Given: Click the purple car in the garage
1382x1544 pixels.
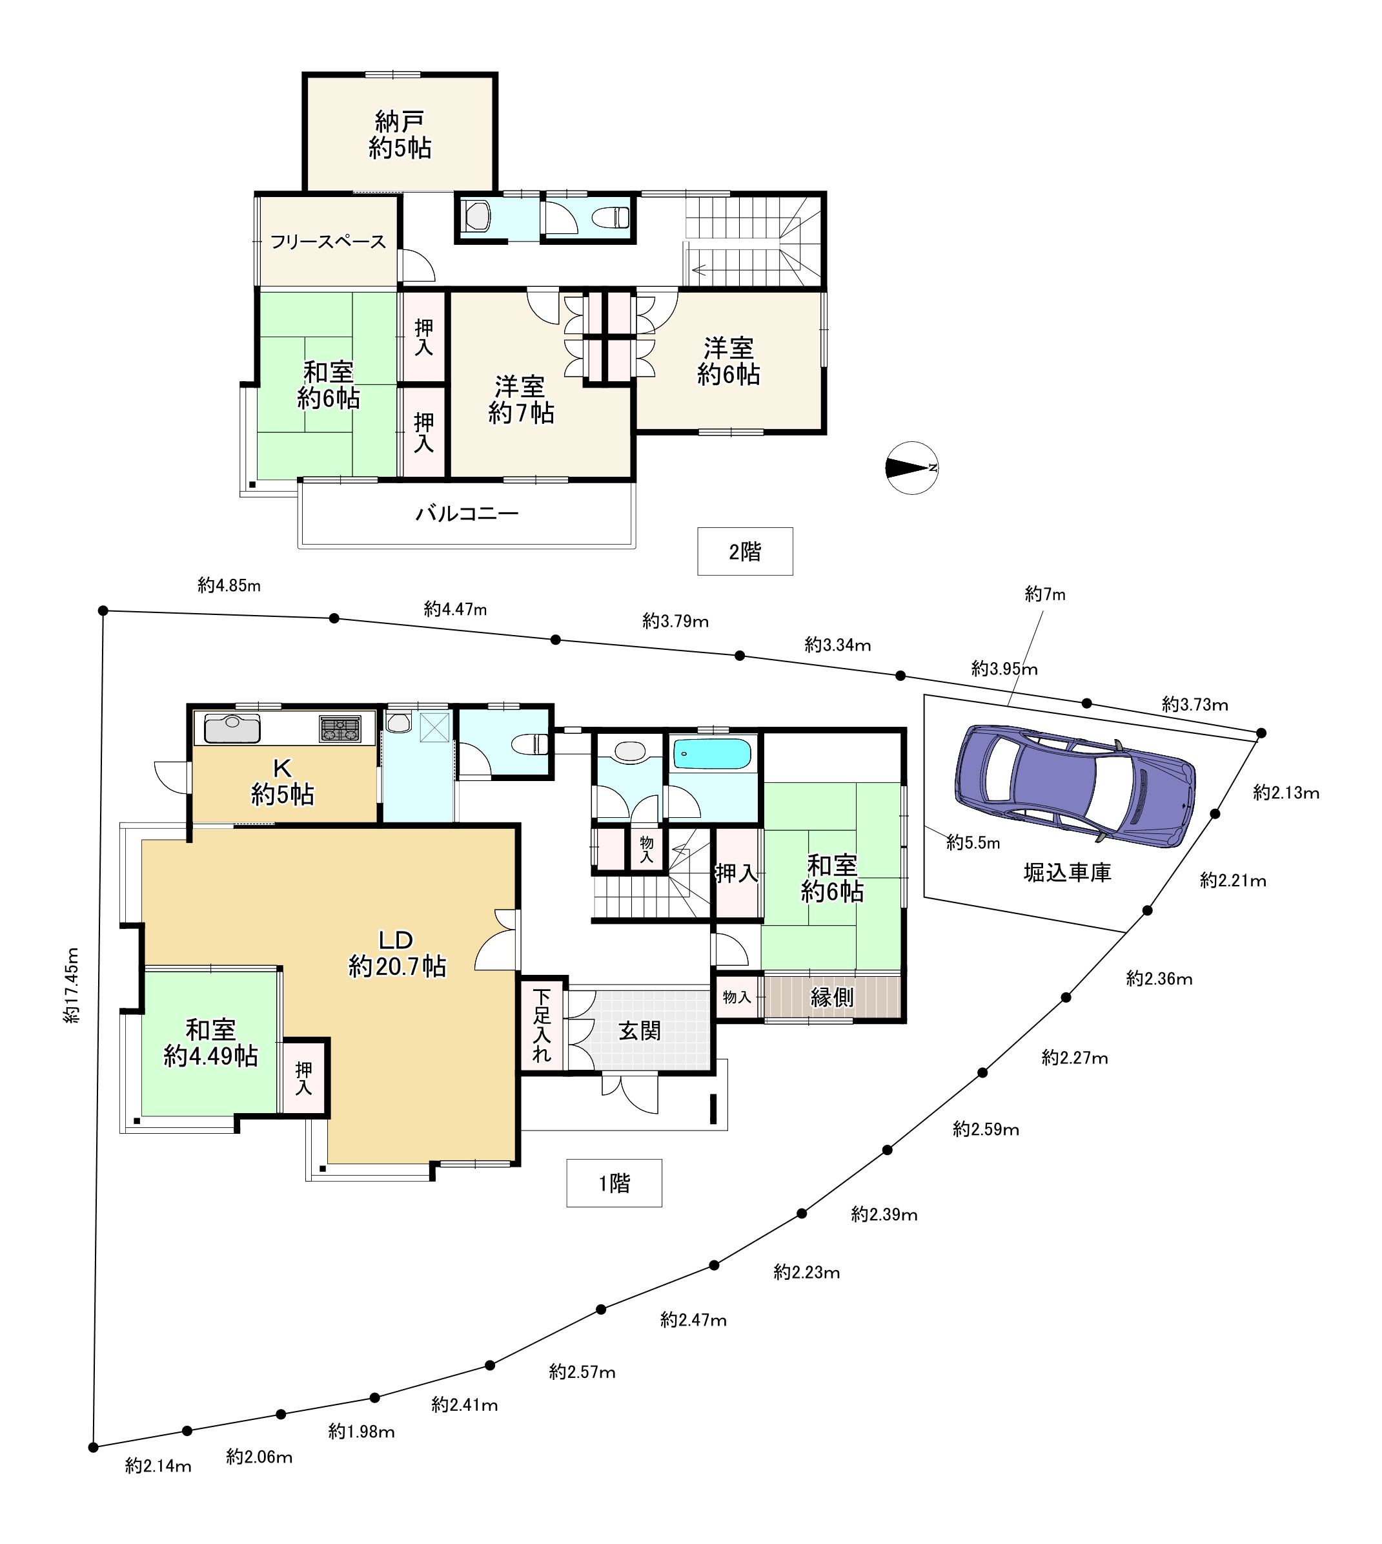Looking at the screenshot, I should (1075, 785).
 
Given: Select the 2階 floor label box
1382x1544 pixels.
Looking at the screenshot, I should (744, 552).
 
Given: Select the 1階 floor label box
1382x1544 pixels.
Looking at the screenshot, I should (614, 1183).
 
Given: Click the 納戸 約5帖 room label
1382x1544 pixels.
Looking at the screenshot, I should (400, 134).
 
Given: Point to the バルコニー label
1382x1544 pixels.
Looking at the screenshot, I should (466, 514).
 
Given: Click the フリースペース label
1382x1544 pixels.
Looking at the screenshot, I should (328, 242).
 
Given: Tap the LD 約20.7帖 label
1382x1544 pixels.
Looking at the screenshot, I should (396, 953).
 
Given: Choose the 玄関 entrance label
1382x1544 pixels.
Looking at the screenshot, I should (640, 1031).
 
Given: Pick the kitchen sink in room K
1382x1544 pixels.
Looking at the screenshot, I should (232, 729).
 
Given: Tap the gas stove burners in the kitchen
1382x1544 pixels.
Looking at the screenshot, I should (340, 729).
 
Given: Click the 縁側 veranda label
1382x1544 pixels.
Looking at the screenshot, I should (831, 997).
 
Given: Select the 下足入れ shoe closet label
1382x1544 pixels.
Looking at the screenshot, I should (542, 1024).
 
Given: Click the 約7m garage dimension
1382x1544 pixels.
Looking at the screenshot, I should (1045, 594).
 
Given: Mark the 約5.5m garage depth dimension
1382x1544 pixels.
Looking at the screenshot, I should (973, 842).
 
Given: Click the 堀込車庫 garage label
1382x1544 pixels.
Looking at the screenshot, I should (1067, 872).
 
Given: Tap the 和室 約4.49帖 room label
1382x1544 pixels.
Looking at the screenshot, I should (210, 1043).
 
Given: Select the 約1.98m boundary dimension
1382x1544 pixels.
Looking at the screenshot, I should (361, 1432).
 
